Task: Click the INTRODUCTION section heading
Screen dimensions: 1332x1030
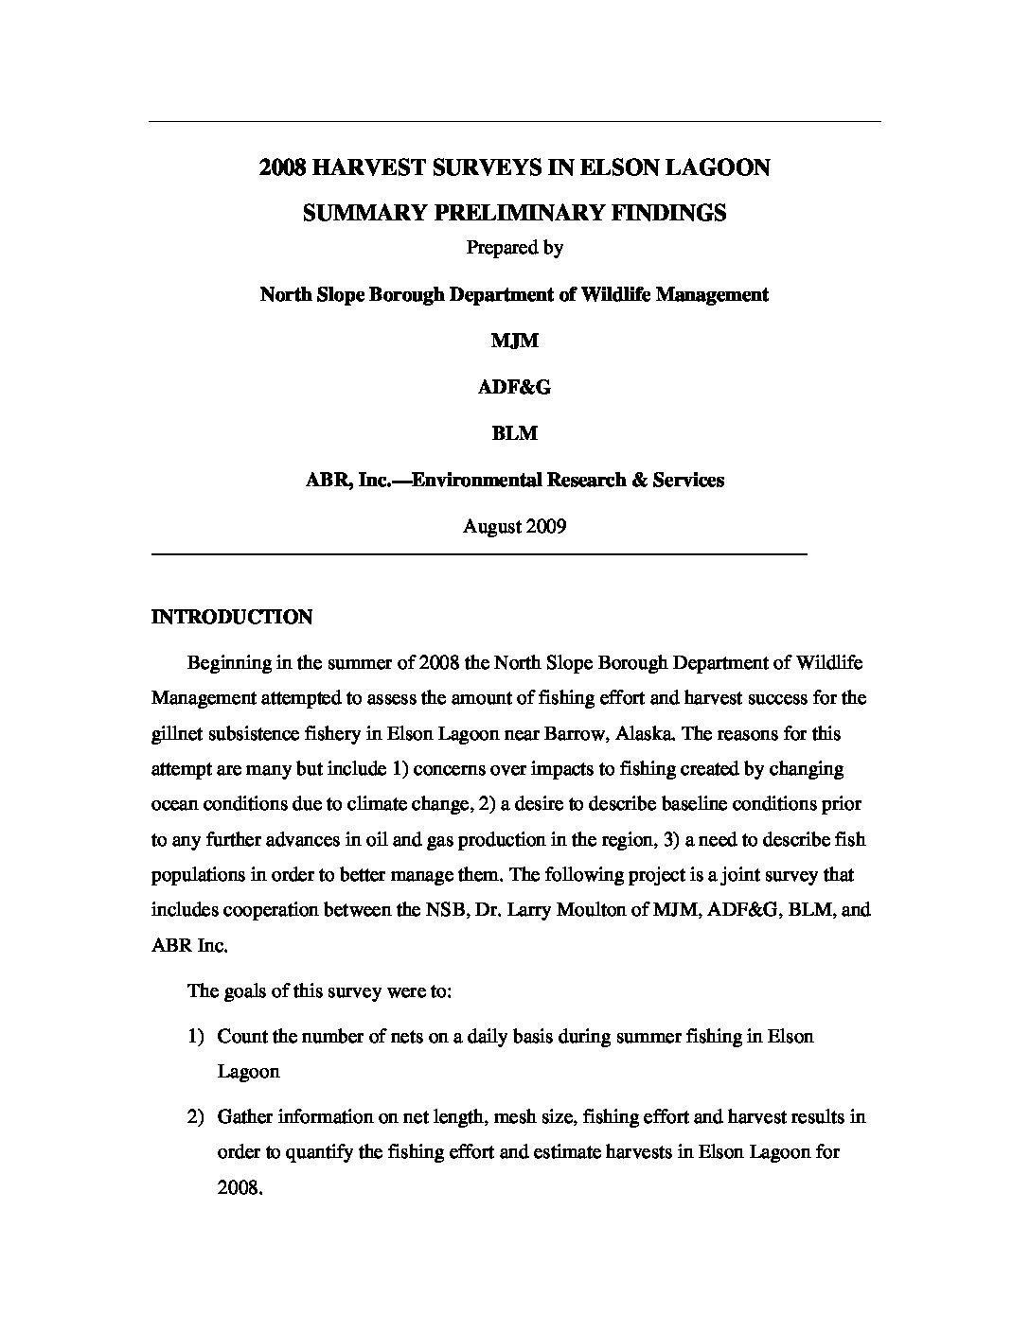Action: click(x=232, y=618)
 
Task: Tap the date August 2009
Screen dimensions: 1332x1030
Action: click(x=514, y=526)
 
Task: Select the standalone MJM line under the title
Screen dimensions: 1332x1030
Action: click(x=514, y=341)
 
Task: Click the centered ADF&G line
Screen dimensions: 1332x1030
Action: click(x=514, y=387)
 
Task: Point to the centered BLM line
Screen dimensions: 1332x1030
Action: click(x=514, y=433)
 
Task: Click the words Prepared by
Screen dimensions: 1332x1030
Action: click(x=514, y=248)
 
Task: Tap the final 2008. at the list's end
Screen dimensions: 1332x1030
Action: click(x=240, y=1187)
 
